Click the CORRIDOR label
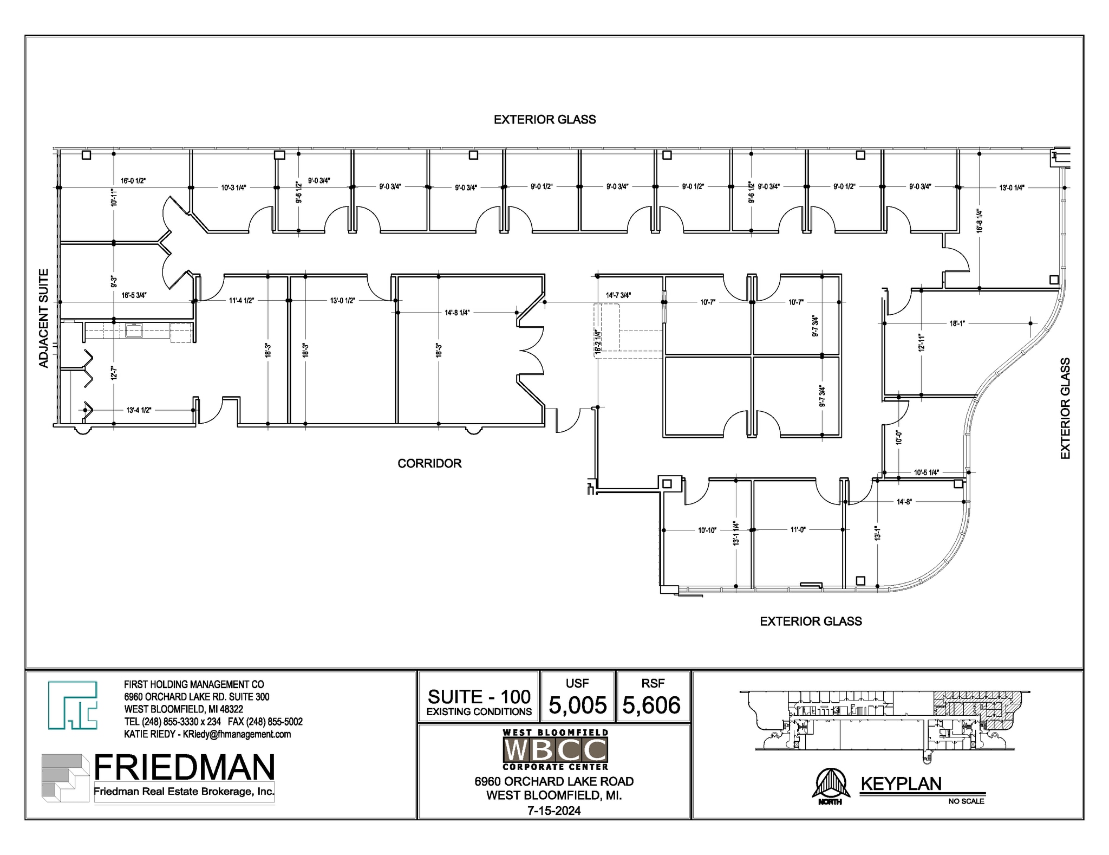[429, 463]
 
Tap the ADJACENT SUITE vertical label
[44, 319]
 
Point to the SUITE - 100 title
[479, 697]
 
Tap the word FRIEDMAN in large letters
[184, 768]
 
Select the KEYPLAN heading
[901, 784]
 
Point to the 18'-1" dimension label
[957, 323]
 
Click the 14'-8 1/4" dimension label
[457, 313]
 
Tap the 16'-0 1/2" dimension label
[133, 181]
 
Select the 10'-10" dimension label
[707, 530]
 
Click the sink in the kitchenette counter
[134, 330]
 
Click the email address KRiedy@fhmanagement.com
[237, 734]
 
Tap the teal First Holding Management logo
[73, 705]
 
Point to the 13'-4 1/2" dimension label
[139, 410]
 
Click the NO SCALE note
[966, 801]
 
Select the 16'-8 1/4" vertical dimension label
[980, 221]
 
